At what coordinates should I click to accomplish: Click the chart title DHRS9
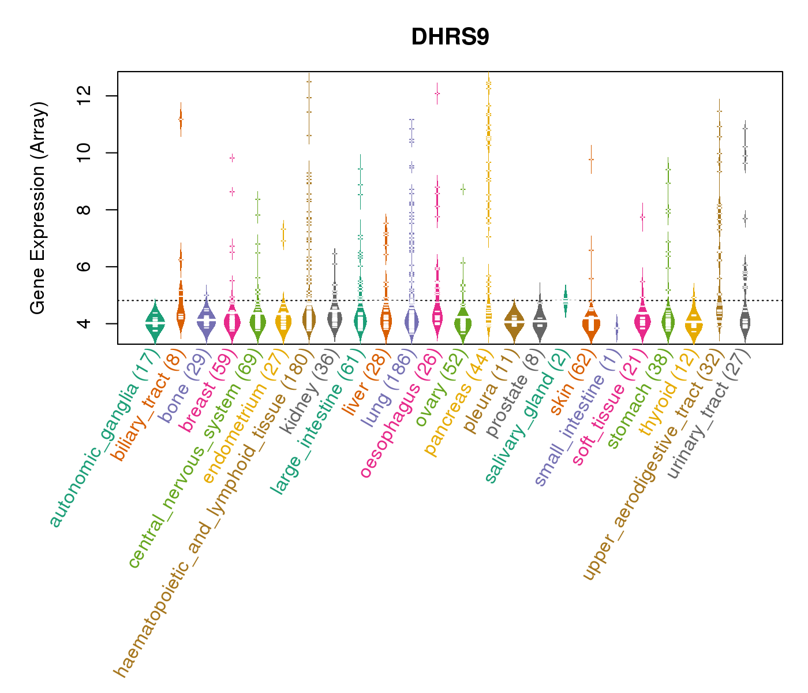click(x=450, y=37)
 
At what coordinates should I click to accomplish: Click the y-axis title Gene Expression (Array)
click(x=38, y=208)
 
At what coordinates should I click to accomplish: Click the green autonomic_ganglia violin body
click(x=155, y=325)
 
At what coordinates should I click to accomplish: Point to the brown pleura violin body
click(x=514, y=323)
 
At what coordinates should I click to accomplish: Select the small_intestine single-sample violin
click(x=616, y=327)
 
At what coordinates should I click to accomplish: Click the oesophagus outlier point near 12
click(x=437, y=93)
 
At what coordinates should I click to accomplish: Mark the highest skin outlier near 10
click(x=591, y=159)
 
